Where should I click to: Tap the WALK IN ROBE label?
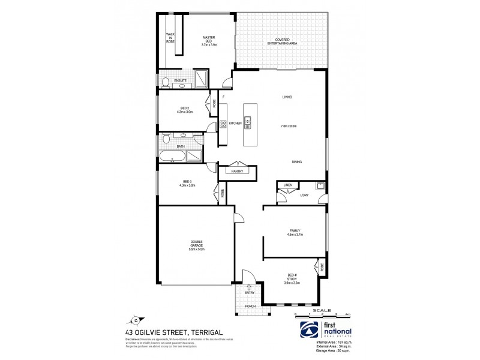tap(170, 38)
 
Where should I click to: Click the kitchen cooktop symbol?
tap(222, 124)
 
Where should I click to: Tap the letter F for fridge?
tap(223, 97)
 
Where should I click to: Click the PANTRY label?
tap(237, 172)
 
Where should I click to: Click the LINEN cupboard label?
tap(287, 185)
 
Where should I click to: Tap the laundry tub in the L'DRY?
tap(320, 185)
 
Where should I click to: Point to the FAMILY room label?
tap(295, 230)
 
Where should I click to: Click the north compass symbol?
tap(137, 320)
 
